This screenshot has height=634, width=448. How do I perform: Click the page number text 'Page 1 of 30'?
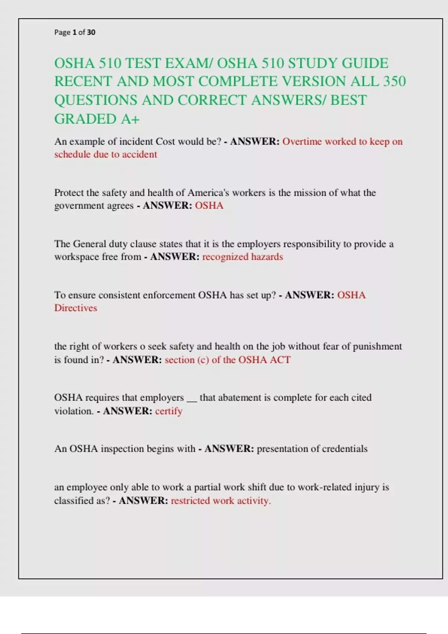[x=75, y=32]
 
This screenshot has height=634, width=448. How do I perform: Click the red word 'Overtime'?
[x=302, y=142]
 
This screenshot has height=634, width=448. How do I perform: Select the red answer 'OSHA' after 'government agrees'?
[x=209, y=205]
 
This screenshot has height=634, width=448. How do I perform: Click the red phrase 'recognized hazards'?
[x=242, y=257]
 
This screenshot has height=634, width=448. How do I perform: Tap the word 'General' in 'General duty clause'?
[x=90, y=244]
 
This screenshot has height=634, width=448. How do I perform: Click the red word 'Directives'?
[x=75, y=308]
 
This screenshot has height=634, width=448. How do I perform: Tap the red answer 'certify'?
[x=169, y=411]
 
